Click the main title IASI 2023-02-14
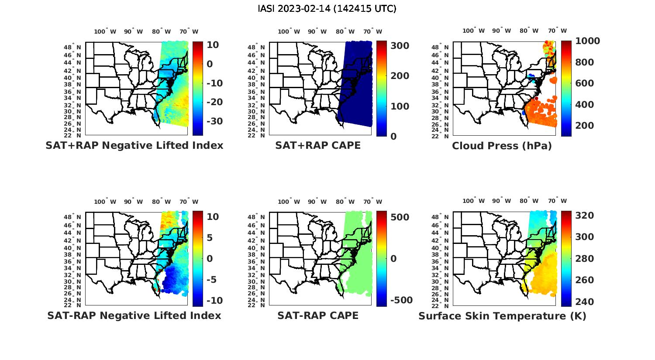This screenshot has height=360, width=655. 327,9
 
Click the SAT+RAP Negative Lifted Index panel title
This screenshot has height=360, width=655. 134,145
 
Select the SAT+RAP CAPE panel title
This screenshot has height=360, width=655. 318,145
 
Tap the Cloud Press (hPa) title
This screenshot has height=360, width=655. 502,146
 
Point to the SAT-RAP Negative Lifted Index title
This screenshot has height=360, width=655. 134,315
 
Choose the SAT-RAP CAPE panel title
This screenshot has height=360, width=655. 318,315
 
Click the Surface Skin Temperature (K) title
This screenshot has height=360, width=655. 502,316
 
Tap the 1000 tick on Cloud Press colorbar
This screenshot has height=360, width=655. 587,41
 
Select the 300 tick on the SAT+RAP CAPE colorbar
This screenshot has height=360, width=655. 400,46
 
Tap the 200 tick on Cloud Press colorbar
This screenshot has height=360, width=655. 585,126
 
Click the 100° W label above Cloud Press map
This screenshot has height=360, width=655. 473,31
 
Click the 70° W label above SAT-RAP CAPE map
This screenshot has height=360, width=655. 372,202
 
